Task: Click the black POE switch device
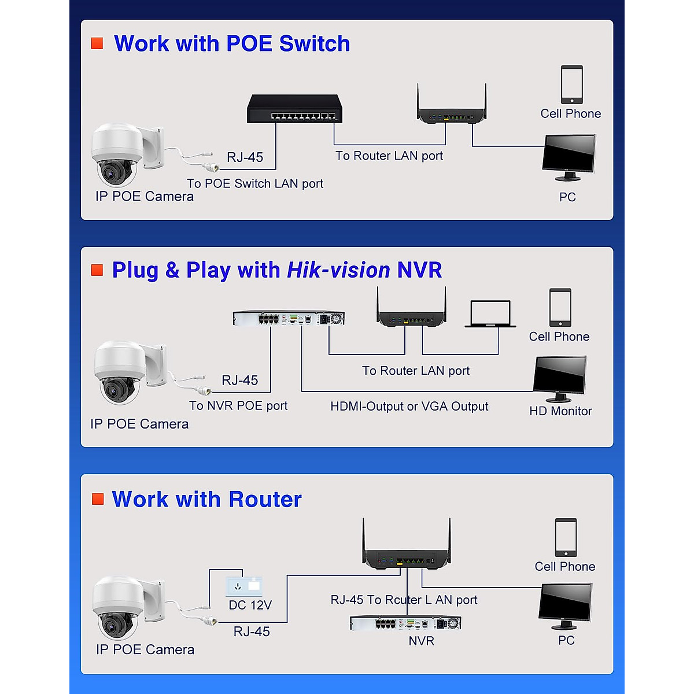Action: pos(295,109)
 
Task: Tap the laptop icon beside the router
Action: pos(490,314)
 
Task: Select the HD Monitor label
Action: pos(560,411)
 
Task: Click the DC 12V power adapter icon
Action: pos(244,586)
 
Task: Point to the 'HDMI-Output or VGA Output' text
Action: pos(409,407)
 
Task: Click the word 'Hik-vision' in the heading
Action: pos(338,270)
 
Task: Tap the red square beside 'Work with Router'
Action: pos(98,499)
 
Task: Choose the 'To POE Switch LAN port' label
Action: pos(254,184)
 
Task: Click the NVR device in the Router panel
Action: pos(405,623)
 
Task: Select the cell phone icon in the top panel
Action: pos(571,84)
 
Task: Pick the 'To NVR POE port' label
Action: pos(238,406)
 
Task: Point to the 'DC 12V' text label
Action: pos(250,605)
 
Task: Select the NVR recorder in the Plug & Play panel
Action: pos(289,318)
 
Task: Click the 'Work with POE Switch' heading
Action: pos(232,44)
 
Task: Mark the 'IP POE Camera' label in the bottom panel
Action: pos(145,649)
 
